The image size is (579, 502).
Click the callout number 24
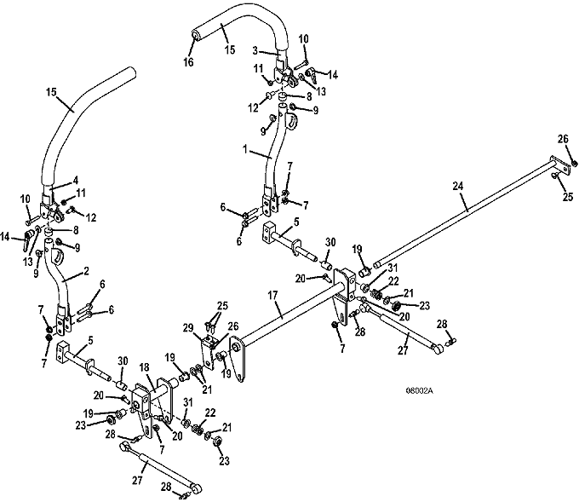[457, 186]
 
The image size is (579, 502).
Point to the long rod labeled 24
[461, 213]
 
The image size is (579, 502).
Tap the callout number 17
[272, 295]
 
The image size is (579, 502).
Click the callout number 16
[188, 62]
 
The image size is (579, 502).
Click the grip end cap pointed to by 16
[195, 35]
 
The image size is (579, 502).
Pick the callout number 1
[245, 149]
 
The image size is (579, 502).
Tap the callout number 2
[86, 271]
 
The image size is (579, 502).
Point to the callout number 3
[255, 50]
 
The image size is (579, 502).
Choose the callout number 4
[75, 181]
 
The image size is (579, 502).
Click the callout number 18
[145, 367]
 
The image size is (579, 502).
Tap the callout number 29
[188, 327]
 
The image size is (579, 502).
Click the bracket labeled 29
[208, 351]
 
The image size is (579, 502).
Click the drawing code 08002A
[419, 390]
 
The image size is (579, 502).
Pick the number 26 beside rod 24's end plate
[563, 139]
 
